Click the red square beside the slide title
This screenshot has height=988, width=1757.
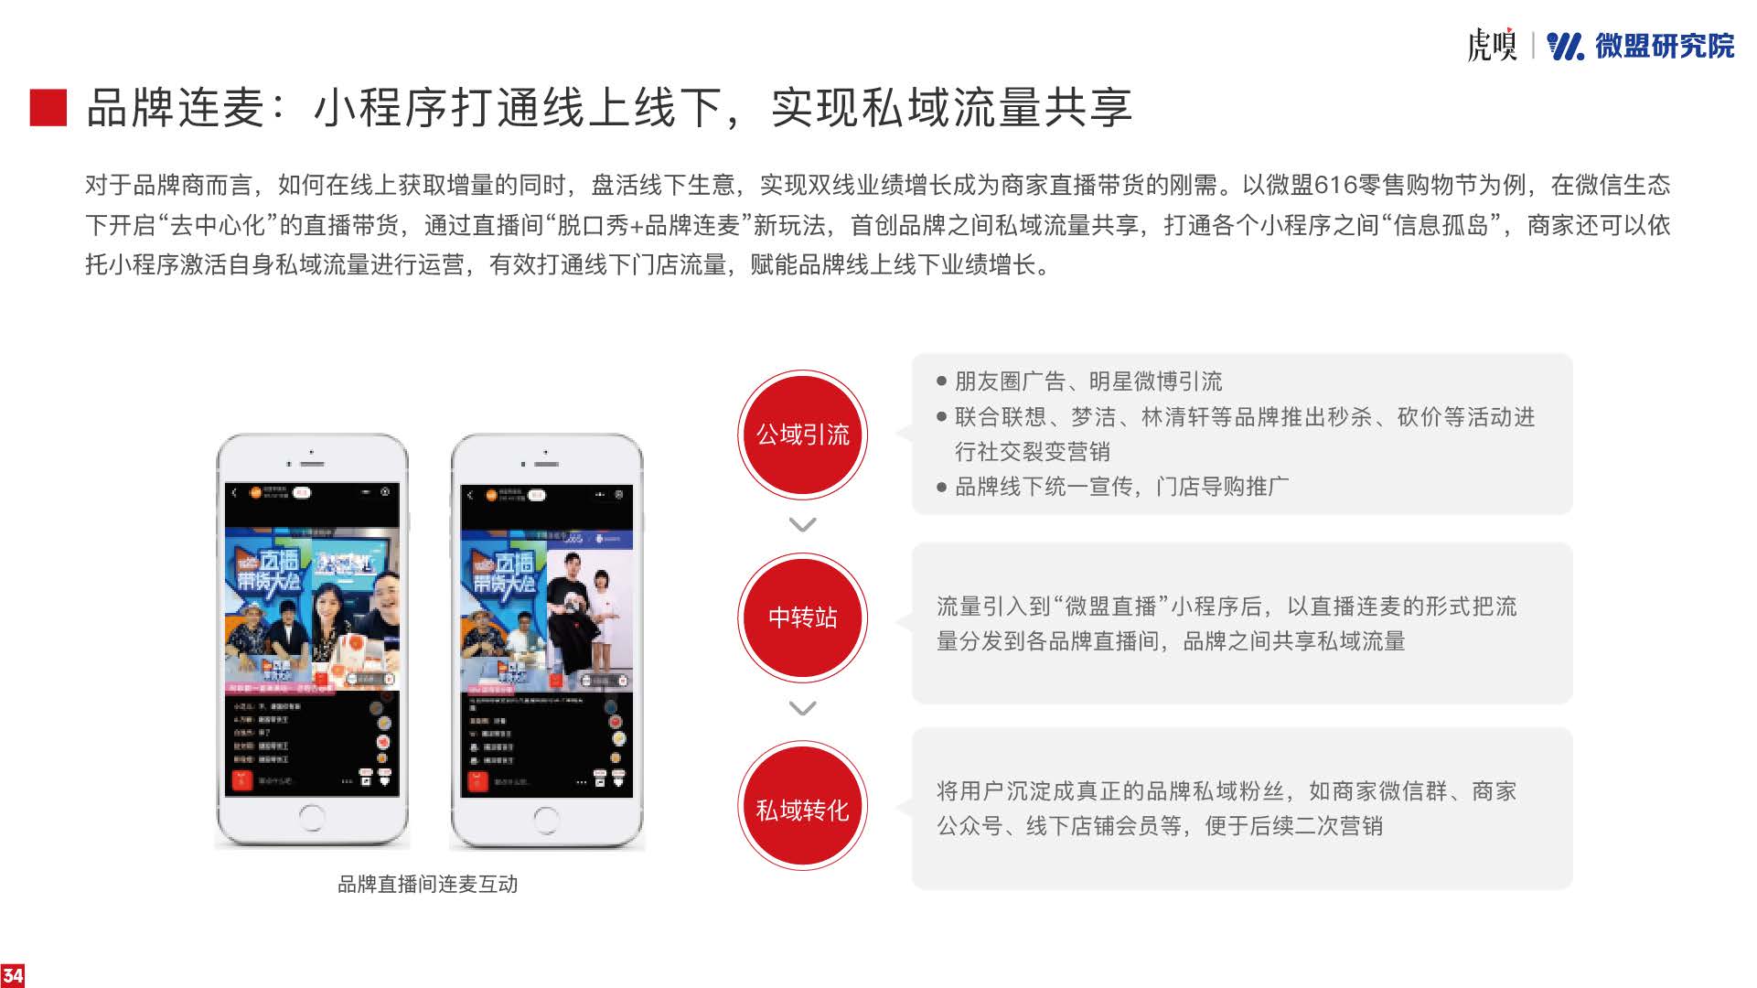click(x=48, y=107)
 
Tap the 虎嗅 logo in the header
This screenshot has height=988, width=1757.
click(x=1491, y=45)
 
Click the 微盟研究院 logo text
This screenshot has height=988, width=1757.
click(x=1664, y=46)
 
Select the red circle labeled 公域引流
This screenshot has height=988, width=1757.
click(x=802, y=435)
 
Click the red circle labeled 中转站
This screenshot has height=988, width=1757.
click(x=802, y=617)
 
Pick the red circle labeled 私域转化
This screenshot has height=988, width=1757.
click(x=802, y=810)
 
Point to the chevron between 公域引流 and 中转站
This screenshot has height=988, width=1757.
click(x=802, y=525)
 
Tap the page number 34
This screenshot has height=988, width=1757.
click(x=13, y=975)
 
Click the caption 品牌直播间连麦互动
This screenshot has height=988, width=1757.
click(x=428, y=884)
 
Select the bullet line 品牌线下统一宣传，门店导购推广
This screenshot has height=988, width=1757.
click(x=1121, y=487)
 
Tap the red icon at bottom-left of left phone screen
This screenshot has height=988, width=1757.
click(x=241, y=780)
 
